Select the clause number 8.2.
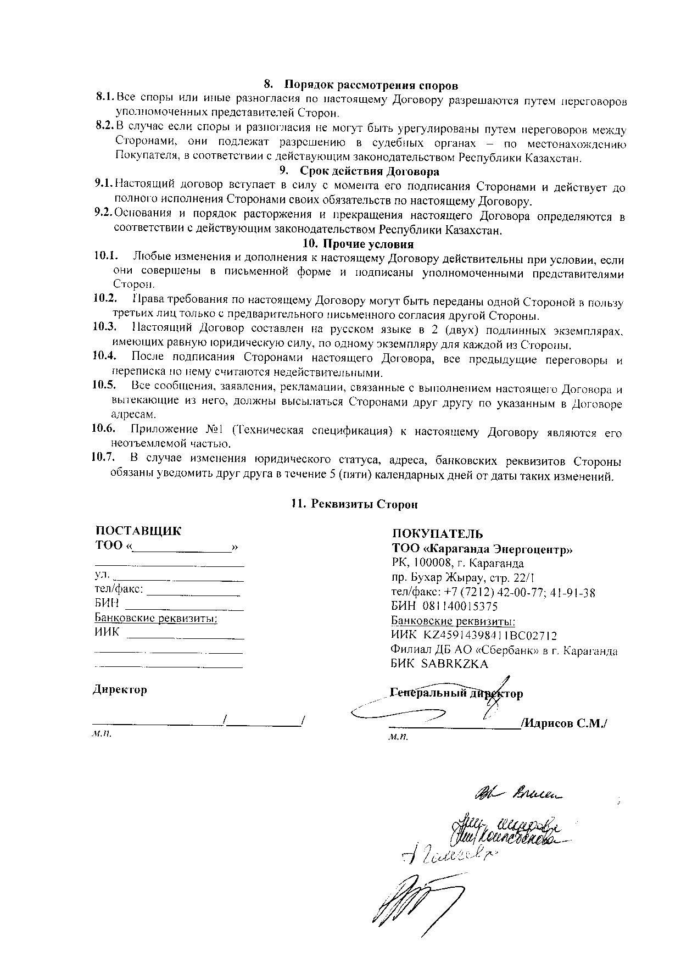[104, 126]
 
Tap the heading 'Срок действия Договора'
[369, 171]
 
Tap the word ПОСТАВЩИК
[138, 531]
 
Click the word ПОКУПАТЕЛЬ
[437, 533]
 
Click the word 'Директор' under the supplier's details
[120, 689]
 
